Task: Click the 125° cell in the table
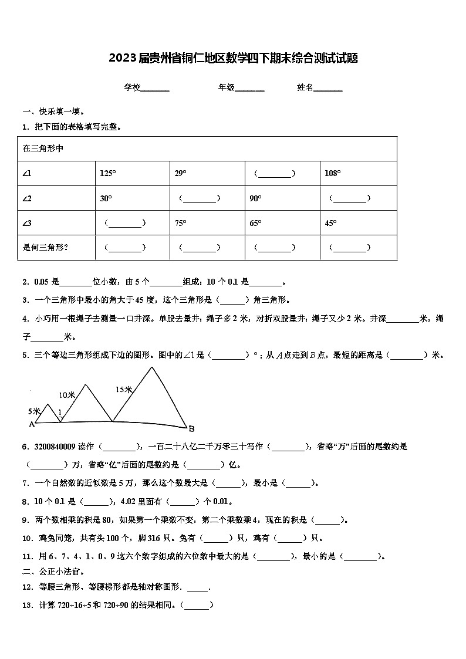[108, 174]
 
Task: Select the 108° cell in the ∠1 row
[333, 174]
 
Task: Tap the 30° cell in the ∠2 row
[106, 198]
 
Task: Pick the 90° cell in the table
[255, 198]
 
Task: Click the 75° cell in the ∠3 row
[180, 223]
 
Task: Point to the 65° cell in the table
[255, 223]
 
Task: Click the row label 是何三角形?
[45, 248]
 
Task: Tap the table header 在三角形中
[43, 149]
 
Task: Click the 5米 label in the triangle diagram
[33, 411]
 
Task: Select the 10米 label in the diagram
[67, 395]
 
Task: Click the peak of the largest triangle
[152, 367]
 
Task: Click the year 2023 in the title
[122, 58]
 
